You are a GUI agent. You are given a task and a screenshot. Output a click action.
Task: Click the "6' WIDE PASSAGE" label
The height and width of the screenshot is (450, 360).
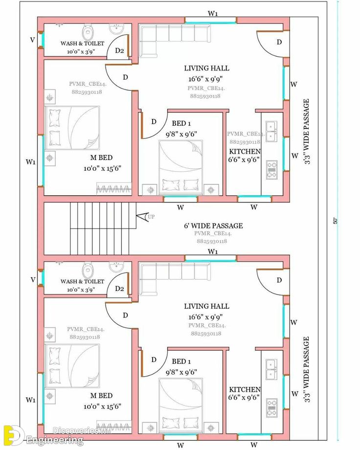click(x=213, y=225)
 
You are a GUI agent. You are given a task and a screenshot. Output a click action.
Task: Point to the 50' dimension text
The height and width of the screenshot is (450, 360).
click(x=336, y=221)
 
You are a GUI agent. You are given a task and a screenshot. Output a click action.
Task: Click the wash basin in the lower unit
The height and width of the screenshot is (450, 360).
click(x=116, y=267)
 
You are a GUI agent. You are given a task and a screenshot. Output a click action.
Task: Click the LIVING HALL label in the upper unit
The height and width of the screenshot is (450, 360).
click(x=206, y=68)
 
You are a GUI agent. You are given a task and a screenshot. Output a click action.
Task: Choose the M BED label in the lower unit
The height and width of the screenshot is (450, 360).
click(x=101, y=395)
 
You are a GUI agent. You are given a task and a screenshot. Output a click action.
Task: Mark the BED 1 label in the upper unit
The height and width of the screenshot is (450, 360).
click(x=181, y=124)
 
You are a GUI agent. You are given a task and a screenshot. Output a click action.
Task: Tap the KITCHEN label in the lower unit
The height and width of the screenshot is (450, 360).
click(x=245, y=389)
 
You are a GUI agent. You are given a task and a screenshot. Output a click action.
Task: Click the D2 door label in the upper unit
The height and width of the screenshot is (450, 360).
click(x=119, y=51)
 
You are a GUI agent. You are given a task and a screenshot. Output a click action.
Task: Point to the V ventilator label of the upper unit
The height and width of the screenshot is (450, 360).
click(x=33, y=40)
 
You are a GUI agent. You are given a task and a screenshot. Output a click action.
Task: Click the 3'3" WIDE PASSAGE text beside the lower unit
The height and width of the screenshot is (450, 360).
click(x=307, y=369)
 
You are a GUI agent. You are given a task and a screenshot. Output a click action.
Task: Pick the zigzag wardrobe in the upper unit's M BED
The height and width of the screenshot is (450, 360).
click(x=113, y=188)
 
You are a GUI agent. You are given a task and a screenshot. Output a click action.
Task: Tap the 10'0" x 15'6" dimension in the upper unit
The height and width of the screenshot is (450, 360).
click(x=102, y=168)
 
